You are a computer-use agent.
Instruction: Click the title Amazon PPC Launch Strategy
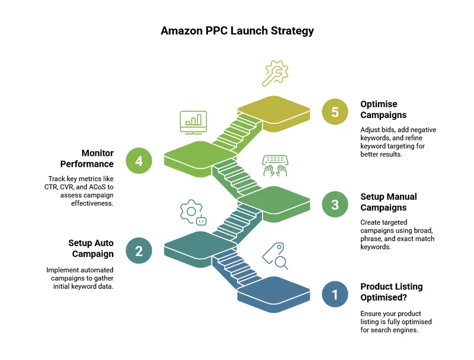click(x=236, y=31)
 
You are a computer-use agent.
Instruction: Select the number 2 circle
click(x=139, y=251)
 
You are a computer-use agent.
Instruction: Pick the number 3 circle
click(x=335, y=205)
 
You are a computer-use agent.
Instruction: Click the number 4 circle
click(x=139, y=161)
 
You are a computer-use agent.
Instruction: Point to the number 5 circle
click(x=335, y=112)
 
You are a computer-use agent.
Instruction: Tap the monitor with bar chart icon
click(x=193, y=122)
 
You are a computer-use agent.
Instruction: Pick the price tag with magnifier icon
click(x=274, y=255)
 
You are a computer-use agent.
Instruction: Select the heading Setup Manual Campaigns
click(x=389, y=202)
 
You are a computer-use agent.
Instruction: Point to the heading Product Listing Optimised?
click(x=392, y=292)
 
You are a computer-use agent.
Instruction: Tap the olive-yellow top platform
click(x=274, y=109)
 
